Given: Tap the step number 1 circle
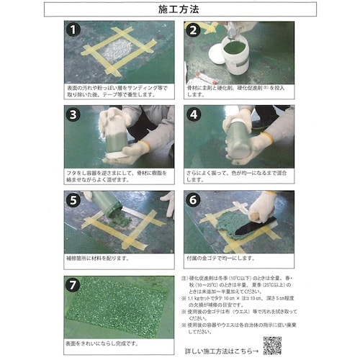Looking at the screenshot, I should click(72, 30).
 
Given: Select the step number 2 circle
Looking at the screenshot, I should click(192, 30).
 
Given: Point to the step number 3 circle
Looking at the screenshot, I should click(72, 114).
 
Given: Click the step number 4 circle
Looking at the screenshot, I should click(192, 114).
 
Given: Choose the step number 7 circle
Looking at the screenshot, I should click(72, 284).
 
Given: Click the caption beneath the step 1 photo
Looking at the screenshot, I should click(119, 90).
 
